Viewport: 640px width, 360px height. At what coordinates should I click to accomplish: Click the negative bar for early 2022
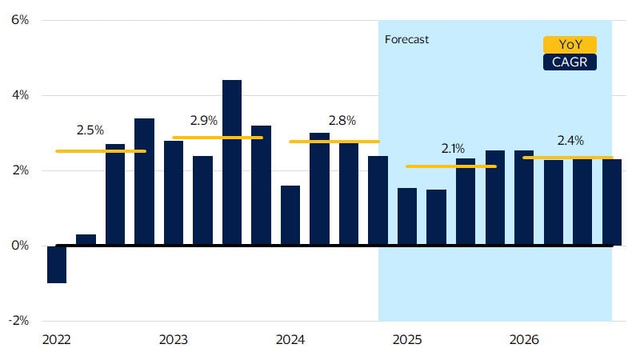pos(56,265)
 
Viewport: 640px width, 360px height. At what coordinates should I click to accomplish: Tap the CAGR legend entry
pos(570,62)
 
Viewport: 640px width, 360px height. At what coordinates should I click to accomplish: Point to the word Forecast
pos(406,39)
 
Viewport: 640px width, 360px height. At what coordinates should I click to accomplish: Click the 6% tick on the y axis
pos(19,20)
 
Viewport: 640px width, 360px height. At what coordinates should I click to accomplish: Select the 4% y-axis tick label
pos(19,95)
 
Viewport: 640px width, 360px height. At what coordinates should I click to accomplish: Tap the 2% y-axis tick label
pos(19,170)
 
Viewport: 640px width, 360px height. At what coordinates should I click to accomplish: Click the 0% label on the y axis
pos(19,246)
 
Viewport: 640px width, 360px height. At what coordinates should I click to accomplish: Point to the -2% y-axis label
pos(18,321)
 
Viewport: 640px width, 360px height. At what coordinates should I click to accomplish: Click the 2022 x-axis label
pos(56,340)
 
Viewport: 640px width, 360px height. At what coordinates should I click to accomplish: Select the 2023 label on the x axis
pos(174,340)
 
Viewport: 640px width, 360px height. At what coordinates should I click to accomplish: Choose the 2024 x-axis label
pos(290,340)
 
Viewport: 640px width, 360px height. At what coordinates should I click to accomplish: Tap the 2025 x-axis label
pos(407,340)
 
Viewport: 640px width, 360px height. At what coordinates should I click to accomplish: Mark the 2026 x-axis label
pos(524,340)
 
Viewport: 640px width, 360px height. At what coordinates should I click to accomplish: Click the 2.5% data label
pos(90,129)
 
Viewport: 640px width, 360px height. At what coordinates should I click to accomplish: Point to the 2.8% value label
pos(342,120)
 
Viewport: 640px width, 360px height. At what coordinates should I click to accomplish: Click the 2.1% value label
pos(454,148)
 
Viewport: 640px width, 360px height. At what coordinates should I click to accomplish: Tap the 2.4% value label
pos(570,141)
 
